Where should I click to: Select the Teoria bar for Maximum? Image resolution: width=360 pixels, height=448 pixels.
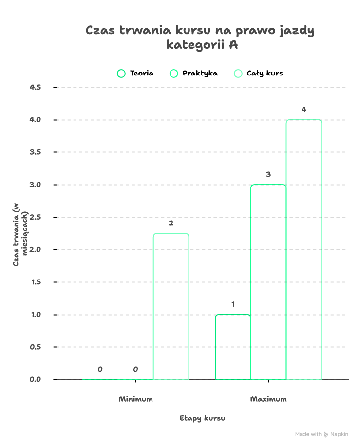click(233, 347)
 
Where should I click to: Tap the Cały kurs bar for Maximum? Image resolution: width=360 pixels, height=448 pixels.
click(304, 249)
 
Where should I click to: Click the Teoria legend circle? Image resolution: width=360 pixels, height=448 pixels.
click(121, 74)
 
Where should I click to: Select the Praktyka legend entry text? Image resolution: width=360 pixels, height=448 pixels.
click(200, 74)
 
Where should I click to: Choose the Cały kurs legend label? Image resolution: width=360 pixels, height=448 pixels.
click(265, 74)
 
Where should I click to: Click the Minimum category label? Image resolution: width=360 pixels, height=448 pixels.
click(135, 399)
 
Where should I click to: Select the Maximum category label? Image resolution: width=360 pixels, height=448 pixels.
click(268, 399)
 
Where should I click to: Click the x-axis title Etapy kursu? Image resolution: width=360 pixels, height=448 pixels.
click(202, 418)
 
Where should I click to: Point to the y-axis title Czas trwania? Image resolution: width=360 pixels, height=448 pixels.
click(19, 234)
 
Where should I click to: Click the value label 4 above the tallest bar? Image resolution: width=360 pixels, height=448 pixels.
click(304, 110)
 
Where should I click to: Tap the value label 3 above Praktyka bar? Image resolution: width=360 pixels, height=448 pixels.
click(268, 174)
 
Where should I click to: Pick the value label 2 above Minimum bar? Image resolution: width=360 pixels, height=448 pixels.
click(171, 224)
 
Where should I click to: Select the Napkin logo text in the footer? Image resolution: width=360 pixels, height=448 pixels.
click(340, 434)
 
